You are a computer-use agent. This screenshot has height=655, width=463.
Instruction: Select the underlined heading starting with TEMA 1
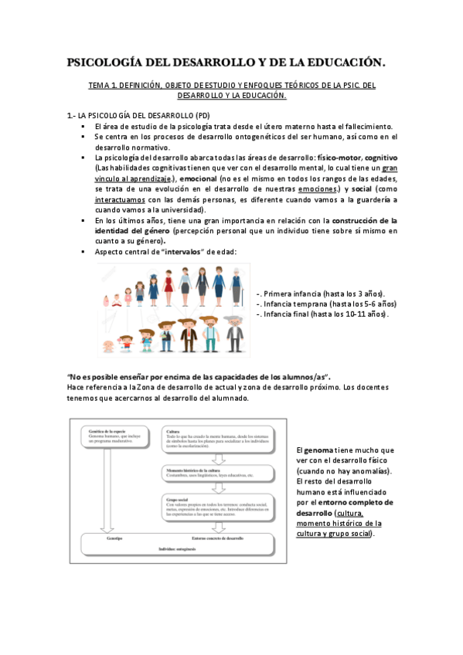[x=231, y=90]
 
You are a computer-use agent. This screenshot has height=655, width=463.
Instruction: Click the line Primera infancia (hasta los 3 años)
[x=320, y=293]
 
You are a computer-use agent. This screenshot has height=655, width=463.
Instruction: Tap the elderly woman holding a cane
[x=236, y=286]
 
